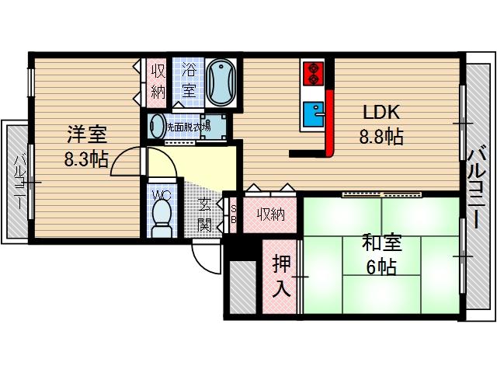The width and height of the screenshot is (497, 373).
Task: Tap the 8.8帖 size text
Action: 381,138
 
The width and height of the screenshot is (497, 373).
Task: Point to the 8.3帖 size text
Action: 85,159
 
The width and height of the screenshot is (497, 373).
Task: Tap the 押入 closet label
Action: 280,276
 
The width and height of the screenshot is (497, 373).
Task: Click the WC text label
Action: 162,194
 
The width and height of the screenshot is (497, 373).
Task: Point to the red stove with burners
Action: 313,71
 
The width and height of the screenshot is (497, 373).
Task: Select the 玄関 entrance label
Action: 204,215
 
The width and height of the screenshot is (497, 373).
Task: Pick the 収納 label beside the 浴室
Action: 158,81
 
